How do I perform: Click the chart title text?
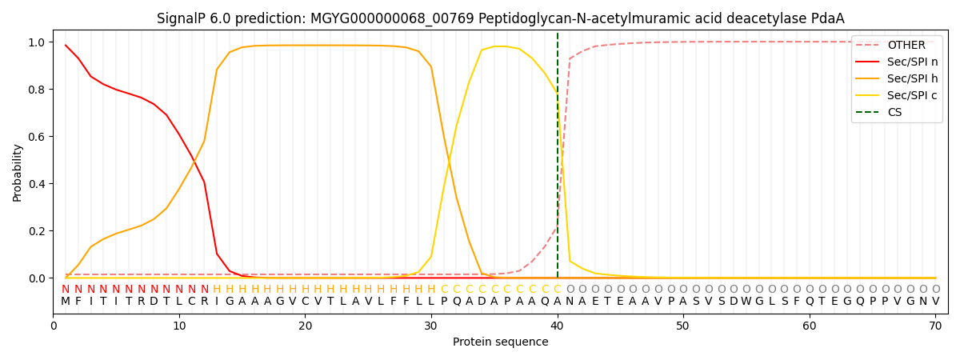500,18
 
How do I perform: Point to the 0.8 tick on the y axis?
38,90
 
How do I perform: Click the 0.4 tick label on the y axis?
38,184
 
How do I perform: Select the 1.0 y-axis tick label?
38,42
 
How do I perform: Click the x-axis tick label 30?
431,326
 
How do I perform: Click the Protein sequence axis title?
500,342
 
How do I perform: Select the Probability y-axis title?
18,173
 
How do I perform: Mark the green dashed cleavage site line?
558,160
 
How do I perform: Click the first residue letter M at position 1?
66,302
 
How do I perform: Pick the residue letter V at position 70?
935,302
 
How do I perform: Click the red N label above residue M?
66,289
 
